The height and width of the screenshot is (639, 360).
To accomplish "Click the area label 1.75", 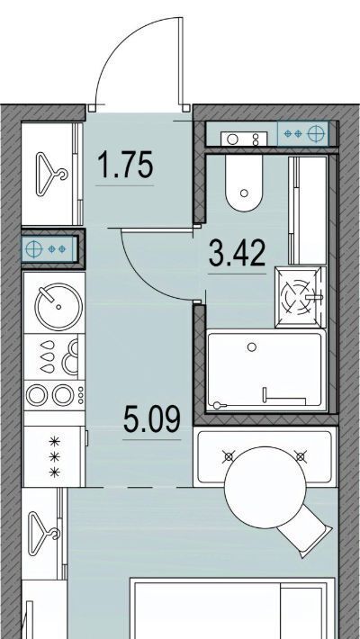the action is (126, 165).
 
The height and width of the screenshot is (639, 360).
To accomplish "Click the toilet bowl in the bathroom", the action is (243, 183).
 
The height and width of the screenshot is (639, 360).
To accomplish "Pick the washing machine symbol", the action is (301, 298).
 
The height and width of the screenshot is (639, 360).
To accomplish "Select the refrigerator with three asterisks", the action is (55, 456).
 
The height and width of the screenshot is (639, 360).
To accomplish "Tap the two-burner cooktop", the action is (54, 395).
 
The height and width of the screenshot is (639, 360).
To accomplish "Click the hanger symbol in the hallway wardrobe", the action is (51, 173).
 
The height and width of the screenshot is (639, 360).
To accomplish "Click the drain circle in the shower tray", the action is (252, 346).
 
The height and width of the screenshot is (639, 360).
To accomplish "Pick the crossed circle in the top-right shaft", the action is (318, 133).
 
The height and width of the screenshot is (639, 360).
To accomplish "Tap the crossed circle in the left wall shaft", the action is (34, 248).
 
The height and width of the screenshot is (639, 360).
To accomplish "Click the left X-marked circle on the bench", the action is (229, 456).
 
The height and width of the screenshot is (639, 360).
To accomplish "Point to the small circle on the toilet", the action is (244, 193).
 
